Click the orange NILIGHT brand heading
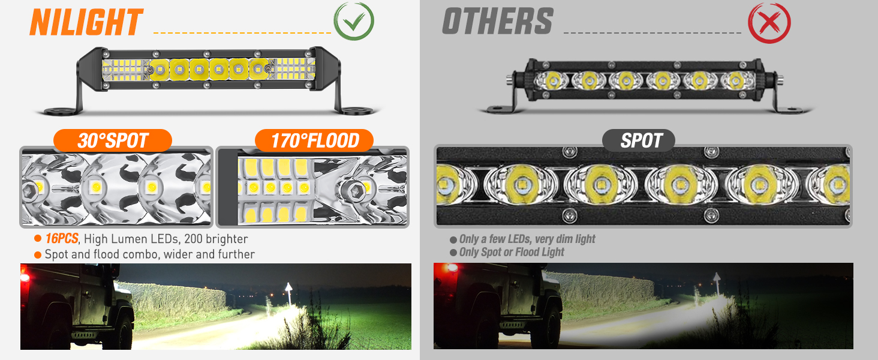point(86,23)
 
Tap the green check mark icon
point(354,22)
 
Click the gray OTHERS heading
point(497,23)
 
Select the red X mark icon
point(769,23)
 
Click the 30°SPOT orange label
point(113,141)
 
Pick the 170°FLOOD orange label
point(314,141)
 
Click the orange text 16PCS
point(62,239)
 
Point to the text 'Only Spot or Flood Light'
point(512,252)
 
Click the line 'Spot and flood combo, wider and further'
point(150,254)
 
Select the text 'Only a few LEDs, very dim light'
point(527,239)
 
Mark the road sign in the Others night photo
point(715,280)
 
